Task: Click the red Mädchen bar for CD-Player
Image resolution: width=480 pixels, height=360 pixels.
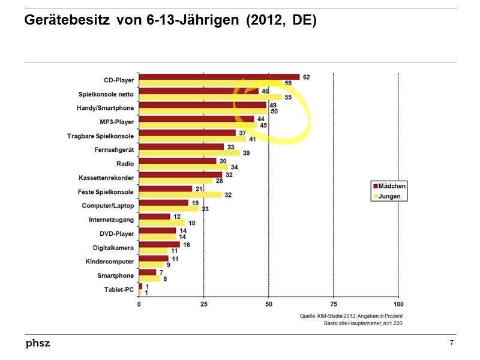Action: click(219, 77)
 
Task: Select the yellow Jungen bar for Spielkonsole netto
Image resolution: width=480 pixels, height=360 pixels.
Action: click(210, 97)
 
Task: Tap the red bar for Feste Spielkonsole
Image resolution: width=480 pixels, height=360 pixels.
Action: click(166, 188)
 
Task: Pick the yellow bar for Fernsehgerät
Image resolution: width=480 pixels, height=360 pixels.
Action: click(190, 153)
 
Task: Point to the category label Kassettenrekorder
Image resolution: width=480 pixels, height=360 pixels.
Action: click(106, 178)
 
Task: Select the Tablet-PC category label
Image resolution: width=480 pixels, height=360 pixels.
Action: click(119, 289)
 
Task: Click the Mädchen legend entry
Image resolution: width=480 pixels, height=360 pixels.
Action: click(389, 186)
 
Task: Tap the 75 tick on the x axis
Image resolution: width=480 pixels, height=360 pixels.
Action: click(334, 304)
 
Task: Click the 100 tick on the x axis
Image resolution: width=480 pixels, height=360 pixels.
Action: click(398, 304)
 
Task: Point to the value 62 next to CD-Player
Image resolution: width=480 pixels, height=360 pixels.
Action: click(307, 77)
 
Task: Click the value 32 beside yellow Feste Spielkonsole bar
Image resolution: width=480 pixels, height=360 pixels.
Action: click(228, 195)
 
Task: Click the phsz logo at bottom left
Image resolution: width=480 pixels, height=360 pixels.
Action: click(38, 343)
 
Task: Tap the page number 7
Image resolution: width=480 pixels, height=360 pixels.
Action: click(451, 343)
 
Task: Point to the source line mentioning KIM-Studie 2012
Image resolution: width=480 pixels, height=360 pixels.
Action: click(351, 316)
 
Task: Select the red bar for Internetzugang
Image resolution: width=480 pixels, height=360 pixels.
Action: click(154, 217)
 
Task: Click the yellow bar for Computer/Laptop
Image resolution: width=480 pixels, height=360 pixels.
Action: click(169, 209)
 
